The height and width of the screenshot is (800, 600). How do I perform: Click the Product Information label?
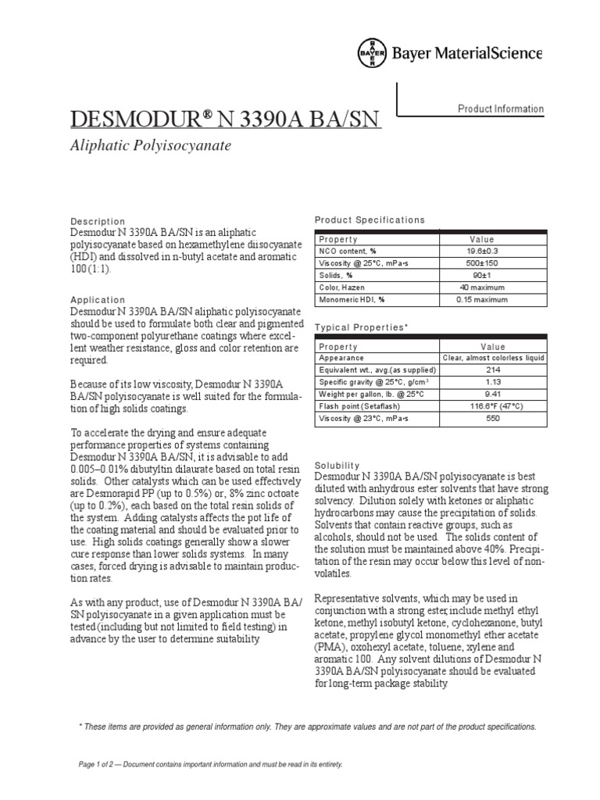pyautogui.click(x=501, y=109)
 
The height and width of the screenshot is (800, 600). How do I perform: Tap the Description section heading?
pyautogui.click(x=98, y=221)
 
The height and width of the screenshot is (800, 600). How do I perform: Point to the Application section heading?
pyautogui.click(x=98, y=299)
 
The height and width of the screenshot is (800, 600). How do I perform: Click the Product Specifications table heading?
pyautogui.click(x=370, y=220)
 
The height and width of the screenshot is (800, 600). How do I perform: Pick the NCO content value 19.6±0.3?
pyautogui.click(x=492, y=251)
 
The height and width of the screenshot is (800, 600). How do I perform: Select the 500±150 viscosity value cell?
pyautogui.click(x=492, y=263)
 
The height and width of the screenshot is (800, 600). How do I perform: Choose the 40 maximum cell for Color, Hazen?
pyautogui.click(x=492, y=287)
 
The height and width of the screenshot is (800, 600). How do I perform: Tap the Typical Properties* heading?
pyautogui.click(x=362, y=327)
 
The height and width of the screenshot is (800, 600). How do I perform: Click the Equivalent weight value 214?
pyautogui.click(x=492, y=370)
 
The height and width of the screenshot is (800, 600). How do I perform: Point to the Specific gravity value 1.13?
pyautogui.click(x=492, y=382)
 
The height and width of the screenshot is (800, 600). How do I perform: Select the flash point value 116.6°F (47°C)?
pyautogui.click(x=492, y=406)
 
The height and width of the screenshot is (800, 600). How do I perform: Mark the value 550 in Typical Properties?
pyautogui.click(x=492, y=419)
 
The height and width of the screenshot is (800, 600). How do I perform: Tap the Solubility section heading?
pyautogui.click(x=337, y=464)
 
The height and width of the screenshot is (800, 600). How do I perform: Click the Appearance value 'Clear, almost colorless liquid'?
pyautogui.click(x=493, y=358)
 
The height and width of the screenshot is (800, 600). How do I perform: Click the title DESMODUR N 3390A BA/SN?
pyautogui.click(x=225, y=120)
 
